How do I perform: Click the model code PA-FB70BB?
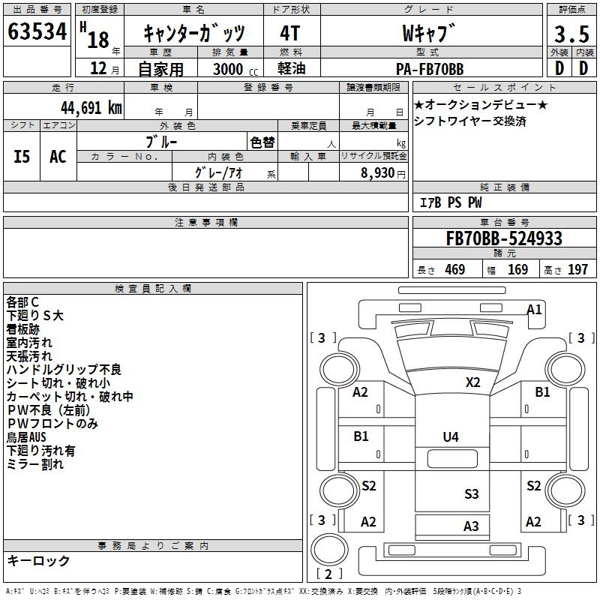(429, 69)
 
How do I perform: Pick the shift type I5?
(22, 156)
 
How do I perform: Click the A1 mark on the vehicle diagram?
(535, 309)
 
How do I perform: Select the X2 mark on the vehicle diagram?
(472, 382)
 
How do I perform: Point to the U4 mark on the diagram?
(450, 436)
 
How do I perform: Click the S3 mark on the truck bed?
(471, 493)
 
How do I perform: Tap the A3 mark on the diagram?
(470, 526)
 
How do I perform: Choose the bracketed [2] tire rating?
(329, 574)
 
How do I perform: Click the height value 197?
(578, 270)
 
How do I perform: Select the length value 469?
(454, 270)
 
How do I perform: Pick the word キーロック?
(38, 561)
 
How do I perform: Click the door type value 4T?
(289, 34)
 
